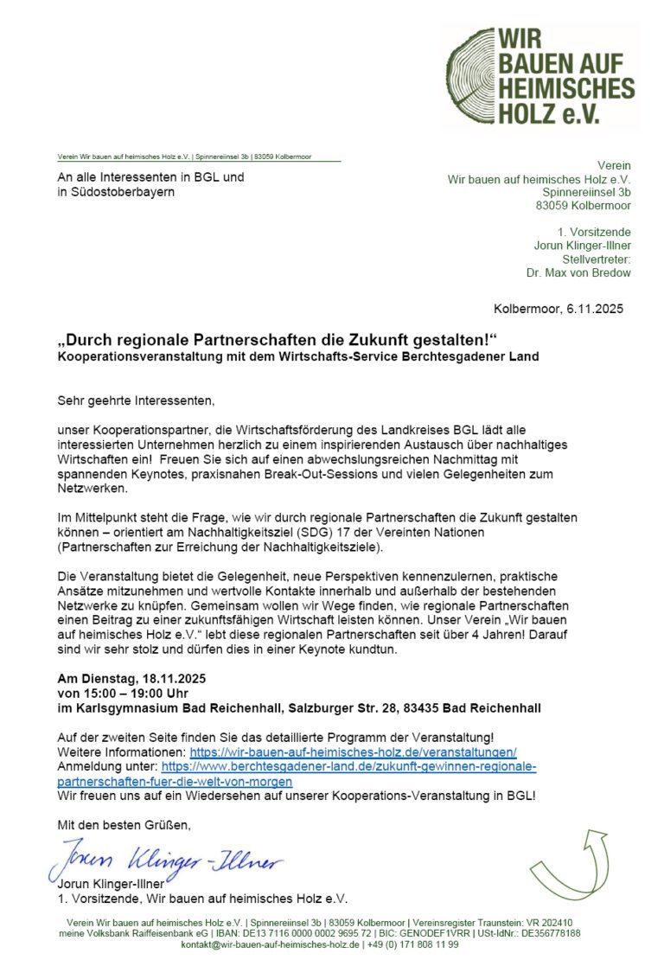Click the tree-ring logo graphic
pos(481,75)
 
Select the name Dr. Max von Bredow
pos(578,273)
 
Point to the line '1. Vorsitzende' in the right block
pos(595,233)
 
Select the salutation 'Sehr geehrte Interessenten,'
pos(135,400)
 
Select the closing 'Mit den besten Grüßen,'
pos(124,825)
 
